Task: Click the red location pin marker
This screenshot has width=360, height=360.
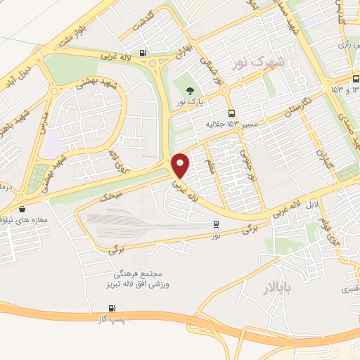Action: [181, 166]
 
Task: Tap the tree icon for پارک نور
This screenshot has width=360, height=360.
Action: [190, 90]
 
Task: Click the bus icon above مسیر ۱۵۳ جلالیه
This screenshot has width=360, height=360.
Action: [231, 113]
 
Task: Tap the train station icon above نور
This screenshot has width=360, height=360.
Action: [215, 225]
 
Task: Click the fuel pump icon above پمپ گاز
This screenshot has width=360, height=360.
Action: [111, 309]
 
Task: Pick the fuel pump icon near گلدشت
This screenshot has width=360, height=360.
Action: [143, 52]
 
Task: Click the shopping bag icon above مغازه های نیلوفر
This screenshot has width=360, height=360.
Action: [23, 209]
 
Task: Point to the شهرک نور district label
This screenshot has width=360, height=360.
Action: [260, 63]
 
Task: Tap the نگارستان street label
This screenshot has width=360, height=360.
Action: [280, 110]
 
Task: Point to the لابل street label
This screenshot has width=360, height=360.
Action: [313, 205]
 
